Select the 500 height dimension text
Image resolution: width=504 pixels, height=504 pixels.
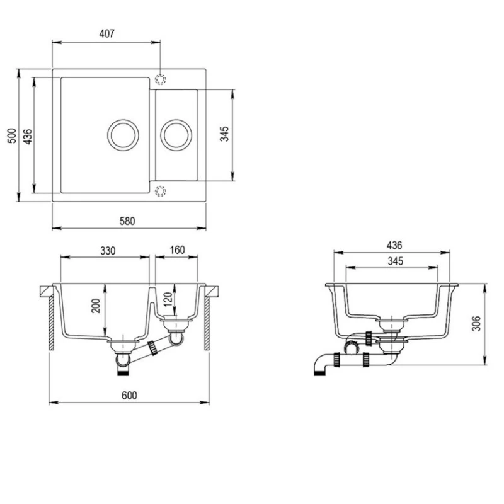point(11,136)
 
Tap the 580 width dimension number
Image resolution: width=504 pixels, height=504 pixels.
point(128,220)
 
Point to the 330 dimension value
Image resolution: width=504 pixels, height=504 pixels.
point(106,250)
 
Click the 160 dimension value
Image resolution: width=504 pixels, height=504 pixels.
point(177,250)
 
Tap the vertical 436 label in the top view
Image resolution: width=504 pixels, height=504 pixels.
point(27,136)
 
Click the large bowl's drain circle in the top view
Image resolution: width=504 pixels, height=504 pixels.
point(122,134)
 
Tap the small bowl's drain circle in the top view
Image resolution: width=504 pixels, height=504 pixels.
point(175,134)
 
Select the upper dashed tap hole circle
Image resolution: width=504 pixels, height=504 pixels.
point(160,79)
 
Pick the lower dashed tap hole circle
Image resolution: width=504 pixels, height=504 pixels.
point(160,190)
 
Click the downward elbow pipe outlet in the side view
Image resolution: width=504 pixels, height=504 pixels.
point(320,369)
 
